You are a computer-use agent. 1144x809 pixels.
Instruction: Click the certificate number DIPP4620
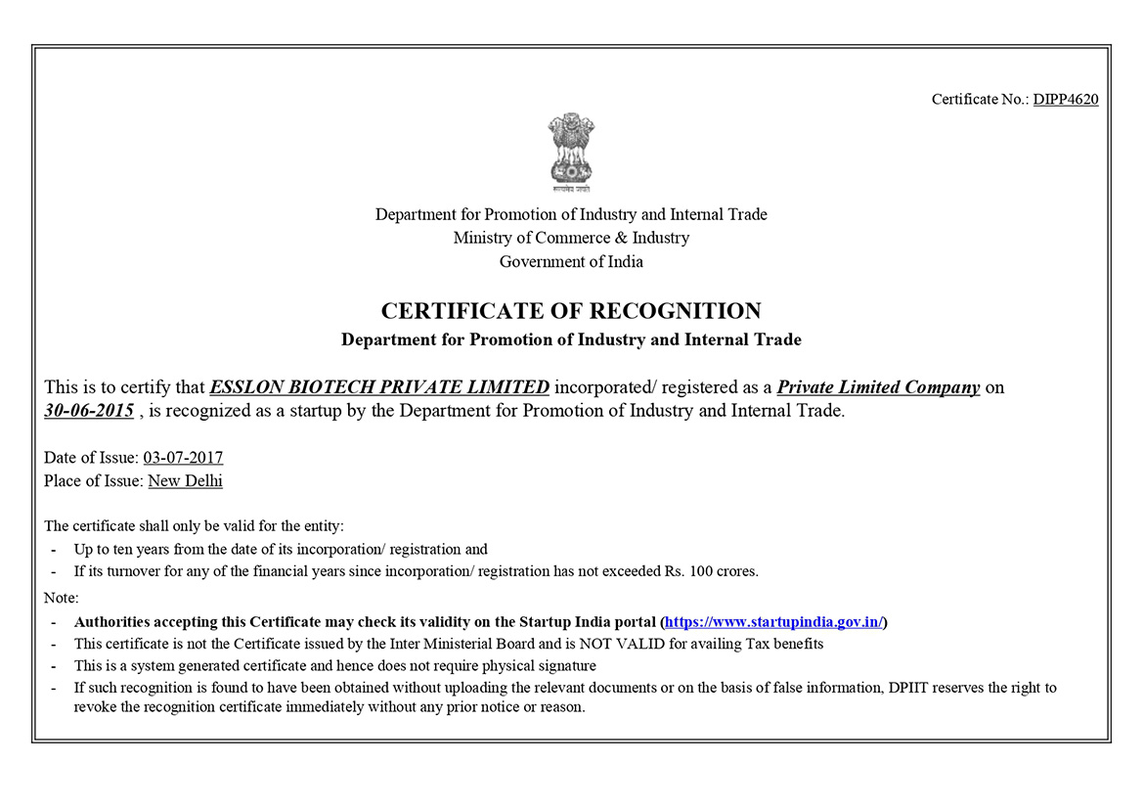1065,99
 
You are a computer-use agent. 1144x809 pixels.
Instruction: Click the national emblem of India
571,151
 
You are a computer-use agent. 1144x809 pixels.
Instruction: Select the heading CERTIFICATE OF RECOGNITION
571,311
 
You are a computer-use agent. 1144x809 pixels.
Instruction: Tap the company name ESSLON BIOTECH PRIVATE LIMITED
379,386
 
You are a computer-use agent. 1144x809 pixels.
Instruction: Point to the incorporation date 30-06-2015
89,411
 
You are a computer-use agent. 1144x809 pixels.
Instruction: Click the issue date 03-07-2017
183,457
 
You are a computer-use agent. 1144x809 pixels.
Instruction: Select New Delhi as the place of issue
185,480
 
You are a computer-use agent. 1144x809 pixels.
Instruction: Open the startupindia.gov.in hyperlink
773,621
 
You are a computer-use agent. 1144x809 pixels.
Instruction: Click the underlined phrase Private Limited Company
878,386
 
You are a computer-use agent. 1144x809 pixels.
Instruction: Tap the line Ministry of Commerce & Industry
571,238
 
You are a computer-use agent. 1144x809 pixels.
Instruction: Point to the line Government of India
571,261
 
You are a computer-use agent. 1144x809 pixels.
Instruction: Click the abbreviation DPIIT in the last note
911,688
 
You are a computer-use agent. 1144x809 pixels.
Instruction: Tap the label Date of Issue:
91,457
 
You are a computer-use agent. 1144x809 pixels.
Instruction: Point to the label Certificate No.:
980,99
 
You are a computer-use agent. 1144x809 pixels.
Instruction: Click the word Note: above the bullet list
62,598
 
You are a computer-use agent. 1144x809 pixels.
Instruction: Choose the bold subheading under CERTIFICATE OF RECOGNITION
571,340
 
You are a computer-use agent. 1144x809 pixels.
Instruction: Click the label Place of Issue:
94,480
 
